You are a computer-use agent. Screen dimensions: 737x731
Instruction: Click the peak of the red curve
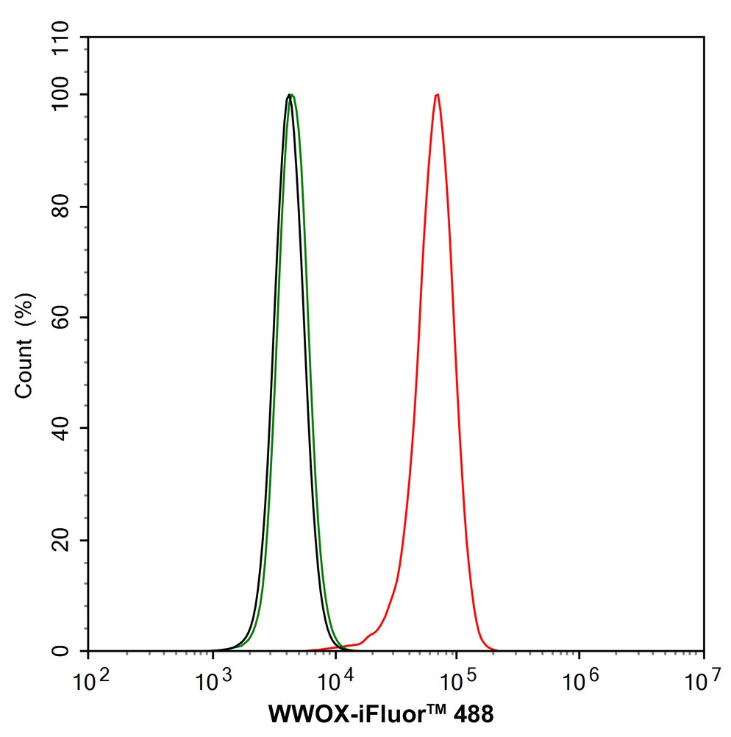[x=438, y=95]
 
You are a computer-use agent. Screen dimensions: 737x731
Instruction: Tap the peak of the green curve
[x=293, y=95]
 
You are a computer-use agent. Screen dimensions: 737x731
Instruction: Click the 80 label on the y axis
[x=66, y=207]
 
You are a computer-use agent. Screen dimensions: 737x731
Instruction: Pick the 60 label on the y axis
[x=66, y=318]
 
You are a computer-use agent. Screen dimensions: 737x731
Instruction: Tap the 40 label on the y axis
[x=66, y=429]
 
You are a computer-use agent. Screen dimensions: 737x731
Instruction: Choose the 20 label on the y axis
[x=66, y=540]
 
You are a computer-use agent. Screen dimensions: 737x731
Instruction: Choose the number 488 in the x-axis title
[x=466, y=714]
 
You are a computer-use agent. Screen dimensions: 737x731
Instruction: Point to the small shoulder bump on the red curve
[x=371, y=633]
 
